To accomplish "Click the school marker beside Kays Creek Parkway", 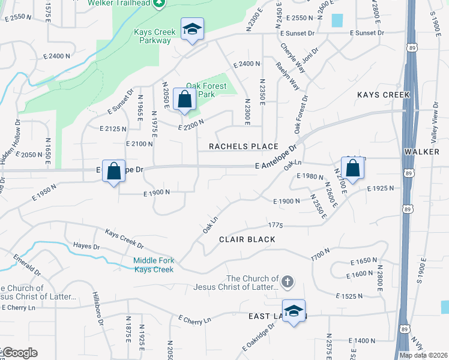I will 192,29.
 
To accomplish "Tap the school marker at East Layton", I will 294,311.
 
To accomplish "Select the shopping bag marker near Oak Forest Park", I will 184,100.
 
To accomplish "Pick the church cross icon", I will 288,281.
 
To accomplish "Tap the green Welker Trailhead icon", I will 158,4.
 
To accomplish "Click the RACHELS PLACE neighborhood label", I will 243,146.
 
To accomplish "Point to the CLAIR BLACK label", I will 247,239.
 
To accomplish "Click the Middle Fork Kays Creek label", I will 154,265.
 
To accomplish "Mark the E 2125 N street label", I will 114,128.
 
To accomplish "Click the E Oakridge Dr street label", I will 258,339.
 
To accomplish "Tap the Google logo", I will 19,353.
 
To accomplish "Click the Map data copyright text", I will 424,355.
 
